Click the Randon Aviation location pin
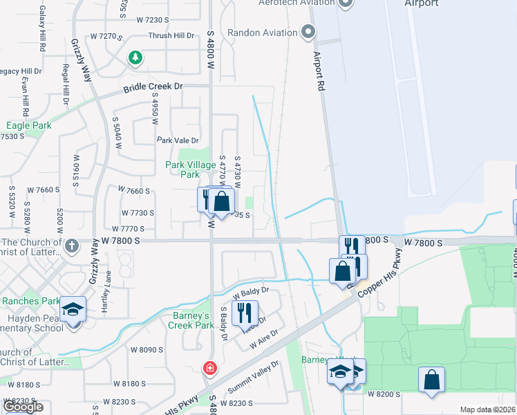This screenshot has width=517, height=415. point(308,32)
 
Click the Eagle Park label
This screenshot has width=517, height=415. point(28,126)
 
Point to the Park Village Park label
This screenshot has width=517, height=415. point(190,170)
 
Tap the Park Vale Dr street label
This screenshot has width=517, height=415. point(178,140)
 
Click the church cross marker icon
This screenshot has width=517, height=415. point(72,246)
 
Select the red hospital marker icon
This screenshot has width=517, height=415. point(209,368)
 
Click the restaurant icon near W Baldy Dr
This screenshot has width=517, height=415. point(245,313)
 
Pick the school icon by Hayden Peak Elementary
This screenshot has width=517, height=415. point(73,309)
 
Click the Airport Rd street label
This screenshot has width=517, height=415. point(319,71)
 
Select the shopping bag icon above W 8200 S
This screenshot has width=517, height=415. point(431,379)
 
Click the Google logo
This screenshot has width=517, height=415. point(22,407)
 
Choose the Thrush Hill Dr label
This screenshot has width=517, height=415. point(172,36)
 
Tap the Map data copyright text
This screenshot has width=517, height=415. point(487,409)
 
